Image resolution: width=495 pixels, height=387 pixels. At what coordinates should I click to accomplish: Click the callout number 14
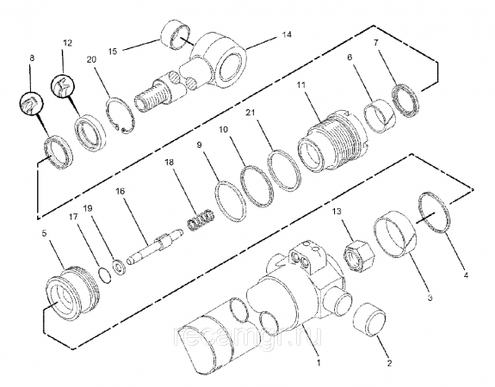pyautogui.click(x=287, y=34)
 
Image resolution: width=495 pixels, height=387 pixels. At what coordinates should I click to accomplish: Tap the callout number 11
pyautogui.click(x=301, y=85)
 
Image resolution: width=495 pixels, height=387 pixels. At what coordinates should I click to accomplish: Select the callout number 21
pyautogui.click(x=251, y=113)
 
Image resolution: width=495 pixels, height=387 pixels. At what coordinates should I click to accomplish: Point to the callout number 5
pyautogui.click(x=44, y=233)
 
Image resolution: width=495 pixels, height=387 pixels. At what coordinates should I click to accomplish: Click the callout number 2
pyautogui.click(x=389, y=363)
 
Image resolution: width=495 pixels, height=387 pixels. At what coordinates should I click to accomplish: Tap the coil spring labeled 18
pyautogui.click(x=201, y=220)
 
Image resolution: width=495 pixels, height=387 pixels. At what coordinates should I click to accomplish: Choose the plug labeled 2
pyautogui.click(x=371, y=320)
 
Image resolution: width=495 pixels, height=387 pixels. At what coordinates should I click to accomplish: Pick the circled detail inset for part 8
pyautogui.click(x=32, y=104)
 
